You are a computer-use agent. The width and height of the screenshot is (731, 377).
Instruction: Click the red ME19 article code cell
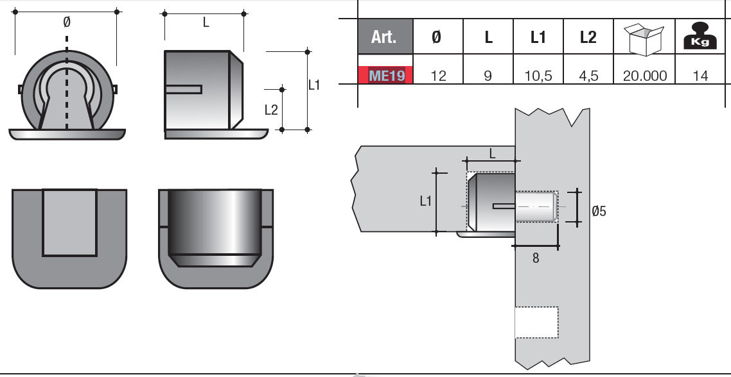385,75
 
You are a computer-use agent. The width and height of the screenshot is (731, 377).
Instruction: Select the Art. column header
385,37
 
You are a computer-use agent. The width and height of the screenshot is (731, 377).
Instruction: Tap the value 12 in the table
438,76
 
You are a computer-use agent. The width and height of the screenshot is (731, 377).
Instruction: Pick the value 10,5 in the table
538,76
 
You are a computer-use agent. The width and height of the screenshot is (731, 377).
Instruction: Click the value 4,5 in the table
588,76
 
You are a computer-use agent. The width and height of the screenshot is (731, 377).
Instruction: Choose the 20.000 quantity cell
645,76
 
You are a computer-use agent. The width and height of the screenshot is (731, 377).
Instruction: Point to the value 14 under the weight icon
701,76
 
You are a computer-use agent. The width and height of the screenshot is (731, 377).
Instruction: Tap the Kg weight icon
701,37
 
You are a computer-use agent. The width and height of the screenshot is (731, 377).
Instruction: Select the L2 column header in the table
588,37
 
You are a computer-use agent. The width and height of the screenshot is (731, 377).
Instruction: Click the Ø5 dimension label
598,210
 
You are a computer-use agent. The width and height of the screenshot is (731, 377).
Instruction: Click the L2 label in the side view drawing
271,110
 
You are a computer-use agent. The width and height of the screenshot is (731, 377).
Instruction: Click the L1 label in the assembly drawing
425,201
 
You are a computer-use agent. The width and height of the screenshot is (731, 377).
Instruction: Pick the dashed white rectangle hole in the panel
536,323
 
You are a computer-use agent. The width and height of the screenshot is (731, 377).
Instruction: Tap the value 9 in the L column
488,76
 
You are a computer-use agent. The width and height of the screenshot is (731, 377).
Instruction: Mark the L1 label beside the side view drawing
314,84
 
